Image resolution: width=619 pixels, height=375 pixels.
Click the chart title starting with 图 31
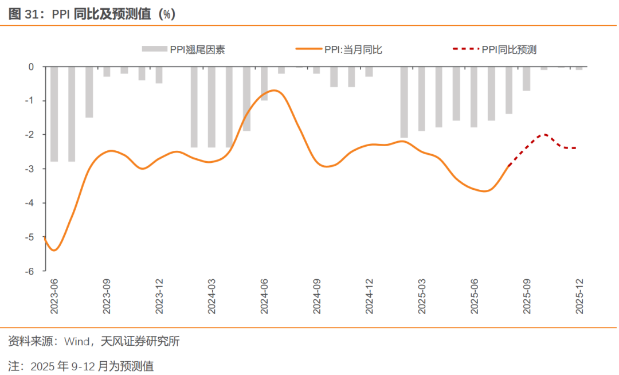tap(92, 14)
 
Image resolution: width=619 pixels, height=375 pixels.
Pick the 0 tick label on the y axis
tap(31, 67)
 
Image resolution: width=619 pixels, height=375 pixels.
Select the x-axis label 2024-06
tap(264, 296)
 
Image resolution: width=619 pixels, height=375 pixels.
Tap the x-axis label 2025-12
tap(579, 296)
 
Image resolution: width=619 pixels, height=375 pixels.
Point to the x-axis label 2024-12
tap(369, 296)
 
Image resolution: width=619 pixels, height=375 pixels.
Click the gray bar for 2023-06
tap(54, 114)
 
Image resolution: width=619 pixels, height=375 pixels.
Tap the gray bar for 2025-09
tap(526, 79)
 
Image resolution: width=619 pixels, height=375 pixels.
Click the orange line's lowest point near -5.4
tap(54, 250)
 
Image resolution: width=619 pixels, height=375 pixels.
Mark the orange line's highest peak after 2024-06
tap(274, 90)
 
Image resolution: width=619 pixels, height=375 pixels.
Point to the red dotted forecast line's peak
tap(544, 134)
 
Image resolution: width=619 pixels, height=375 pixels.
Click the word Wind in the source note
tap(77, 342)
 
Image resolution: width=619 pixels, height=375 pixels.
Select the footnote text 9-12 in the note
tap(83, 366)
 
